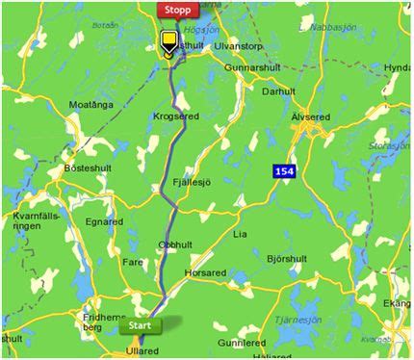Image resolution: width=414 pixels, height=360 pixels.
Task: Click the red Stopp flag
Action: [x=177, y=11]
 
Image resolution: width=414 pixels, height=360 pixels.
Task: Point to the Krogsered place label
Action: [x=174, y=116]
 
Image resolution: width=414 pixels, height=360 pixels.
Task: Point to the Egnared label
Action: [x=104, y=221]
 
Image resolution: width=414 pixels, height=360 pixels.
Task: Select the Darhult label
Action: [x=278, y=91]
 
